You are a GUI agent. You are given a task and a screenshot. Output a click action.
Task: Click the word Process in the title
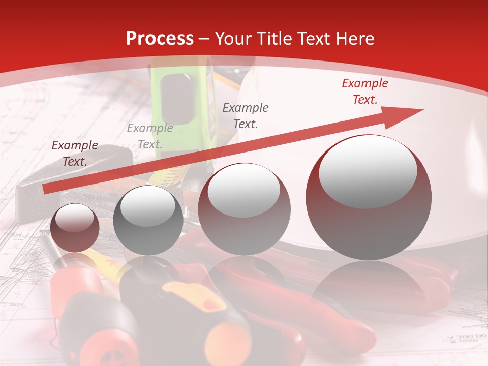(160, 39)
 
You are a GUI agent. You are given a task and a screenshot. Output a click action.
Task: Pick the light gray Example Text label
(149, 136)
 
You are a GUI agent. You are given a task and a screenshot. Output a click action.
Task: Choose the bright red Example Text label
(364, 91)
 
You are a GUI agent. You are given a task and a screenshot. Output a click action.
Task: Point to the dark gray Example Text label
(246, 115)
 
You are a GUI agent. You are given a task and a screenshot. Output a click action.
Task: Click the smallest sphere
(75, 228)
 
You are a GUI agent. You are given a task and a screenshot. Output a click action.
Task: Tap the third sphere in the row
(244, 209)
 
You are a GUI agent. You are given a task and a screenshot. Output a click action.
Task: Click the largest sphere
(369, 197)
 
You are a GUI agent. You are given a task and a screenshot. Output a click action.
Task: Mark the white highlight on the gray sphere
(148, 206)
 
